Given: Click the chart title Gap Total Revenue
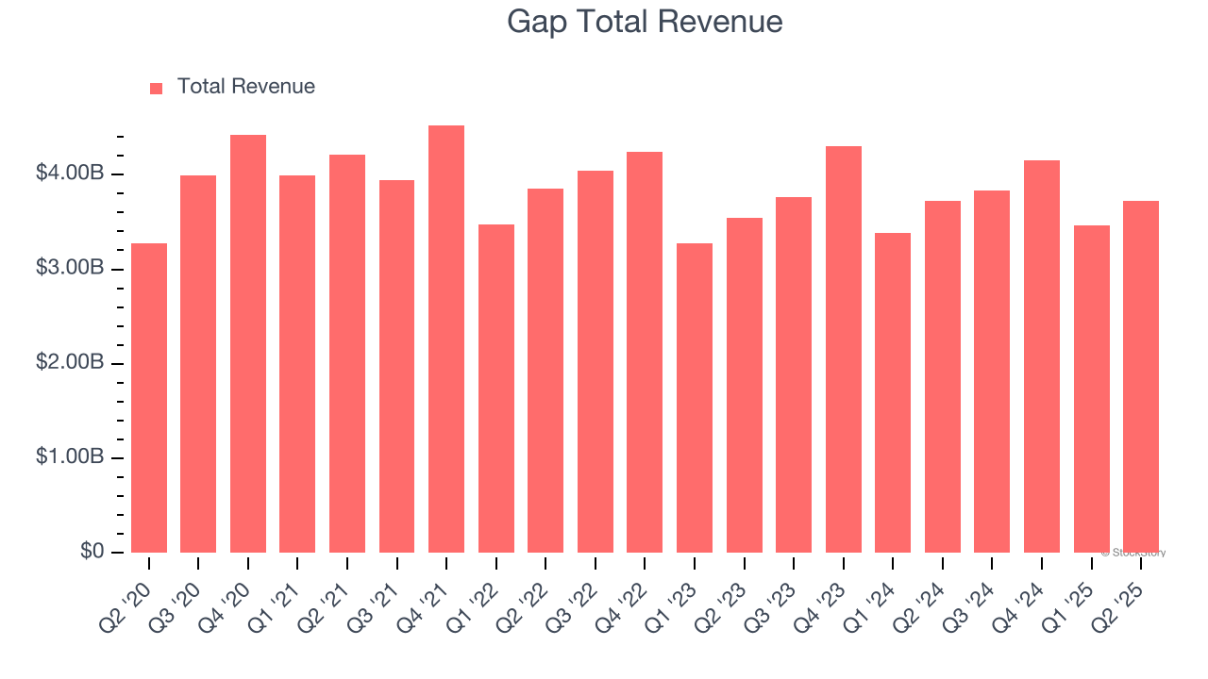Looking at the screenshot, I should coord(645,21).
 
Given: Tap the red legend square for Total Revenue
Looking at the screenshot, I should coord(157,88).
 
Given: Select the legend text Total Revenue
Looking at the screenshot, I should coord(245,87).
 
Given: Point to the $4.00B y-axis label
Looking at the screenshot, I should coord(70,174).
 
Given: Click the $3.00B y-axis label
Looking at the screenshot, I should coord(70,268).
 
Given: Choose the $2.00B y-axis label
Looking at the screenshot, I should coord(70,362).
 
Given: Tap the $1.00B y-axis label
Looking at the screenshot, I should coord(70,456).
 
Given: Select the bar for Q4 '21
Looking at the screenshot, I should coord(446,339).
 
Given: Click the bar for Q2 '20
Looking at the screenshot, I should coord(149,398).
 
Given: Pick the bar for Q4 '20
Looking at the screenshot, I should coord(248,344).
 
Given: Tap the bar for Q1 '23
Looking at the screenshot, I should coord(695,398).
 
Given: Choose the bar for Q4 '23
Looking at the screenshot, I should coord(844,349).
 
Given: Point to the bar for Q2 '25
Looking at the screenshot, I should coord(1141,377).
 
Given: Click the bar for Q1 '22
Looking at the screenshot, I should coord(496,389).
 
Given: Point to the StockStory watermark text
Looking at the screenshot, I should coord(1133,553).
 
